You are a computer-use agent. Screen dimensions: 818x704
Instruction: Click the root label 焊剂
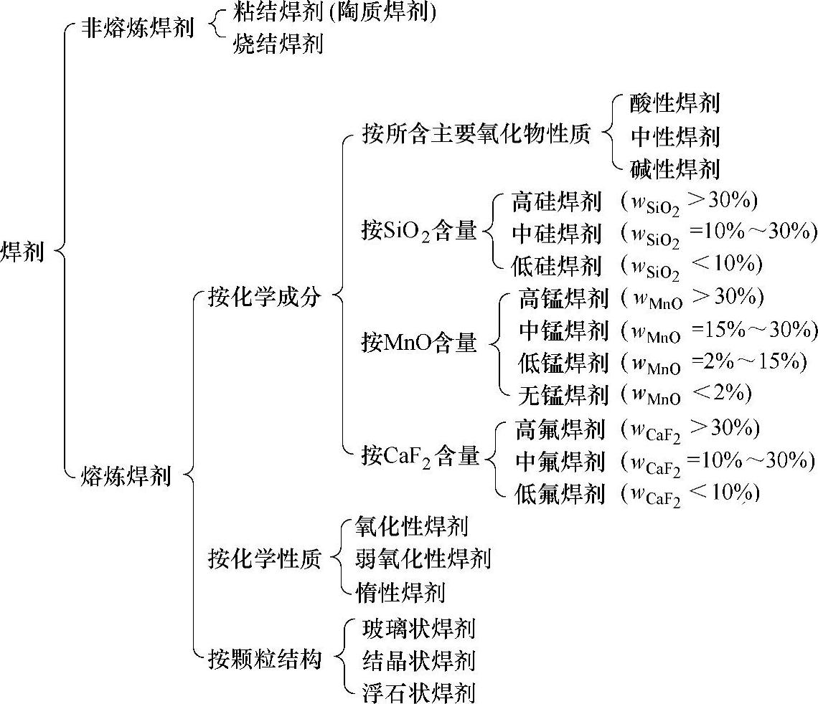tap(22, 252)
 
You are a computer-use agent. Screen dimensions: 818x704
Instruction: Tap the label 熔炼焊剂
tap(126, 475)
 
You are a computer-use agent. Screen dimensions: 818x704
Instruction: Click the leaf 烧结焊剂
tap(278, 44)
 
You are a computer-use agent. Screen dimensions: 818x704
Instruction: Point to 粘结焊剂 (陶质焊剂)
tap(334, 12)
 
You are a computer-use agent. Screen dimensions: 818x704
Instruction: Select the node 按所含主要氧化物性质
tap(476, 134)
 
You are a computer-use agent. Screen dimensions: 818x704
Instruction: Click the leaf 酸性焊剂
tap(674, 103)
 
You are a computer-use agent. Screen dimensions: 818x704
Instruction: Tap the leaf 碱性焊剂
tap(674, 168)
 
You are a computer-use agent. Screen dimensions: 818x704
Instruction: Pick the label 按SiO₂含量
tap(419, 232)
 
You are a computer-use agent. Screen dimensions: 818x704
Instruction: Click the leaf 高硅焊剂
tap(556, 201)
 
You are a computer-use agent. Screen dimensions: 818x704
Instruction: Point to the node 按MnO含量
tap(419, 343)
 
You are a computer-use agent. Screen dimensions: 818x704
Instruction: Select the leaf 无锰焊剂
tap(563, 394)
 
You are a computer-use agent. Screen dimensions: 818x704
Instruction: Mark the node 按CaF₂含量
tap(420, 456)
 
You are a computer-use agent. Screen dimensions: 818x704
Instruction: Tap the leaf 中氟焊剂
tap(560, 461)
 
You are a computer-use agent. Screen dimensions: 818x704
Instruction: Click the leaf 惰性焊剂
tap(400, 591)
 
